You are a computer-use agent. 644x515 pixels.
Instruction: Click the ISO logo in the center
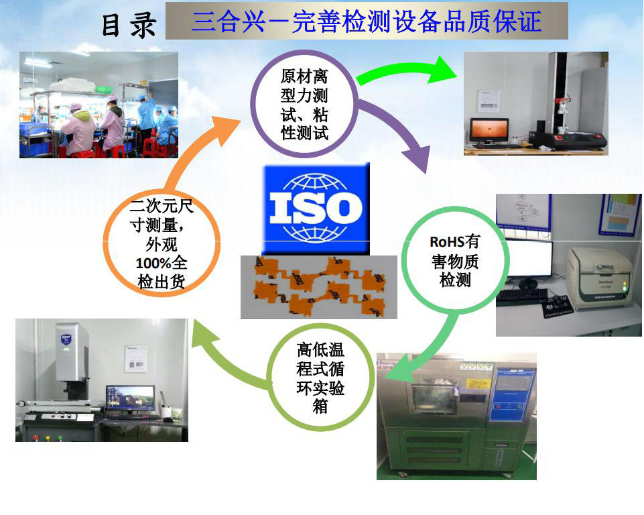[x=316, y=209]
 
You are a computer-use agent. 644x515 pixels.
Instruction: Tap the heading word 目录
[x=129, y=25]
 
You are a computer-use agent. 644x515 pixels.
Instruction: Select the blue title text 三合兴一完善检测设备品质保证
[x=367, y=21]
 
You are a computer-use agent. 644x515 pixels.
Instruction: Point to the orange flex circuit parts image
[x=319, y=287]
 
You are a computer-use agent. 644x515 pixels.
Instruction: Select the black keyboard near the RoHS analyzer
[x=521, y=296]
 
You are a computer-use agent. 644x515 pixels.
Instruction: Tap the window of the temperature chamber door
[x=434, y=396]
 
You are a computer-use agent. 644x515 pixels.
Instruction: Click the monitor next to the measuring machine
[x=130, y=399]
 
